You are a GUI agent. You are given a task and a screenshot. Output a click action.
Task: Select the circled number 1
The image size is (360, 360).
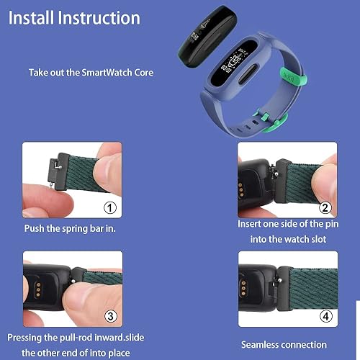point(110,208)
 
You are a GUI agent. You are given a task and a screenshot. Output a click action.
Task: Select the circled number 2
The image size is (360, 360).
point(325,208)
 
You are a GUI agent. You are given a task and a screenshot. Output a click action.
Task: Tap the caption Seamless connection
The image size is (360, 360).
point(283,345)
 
